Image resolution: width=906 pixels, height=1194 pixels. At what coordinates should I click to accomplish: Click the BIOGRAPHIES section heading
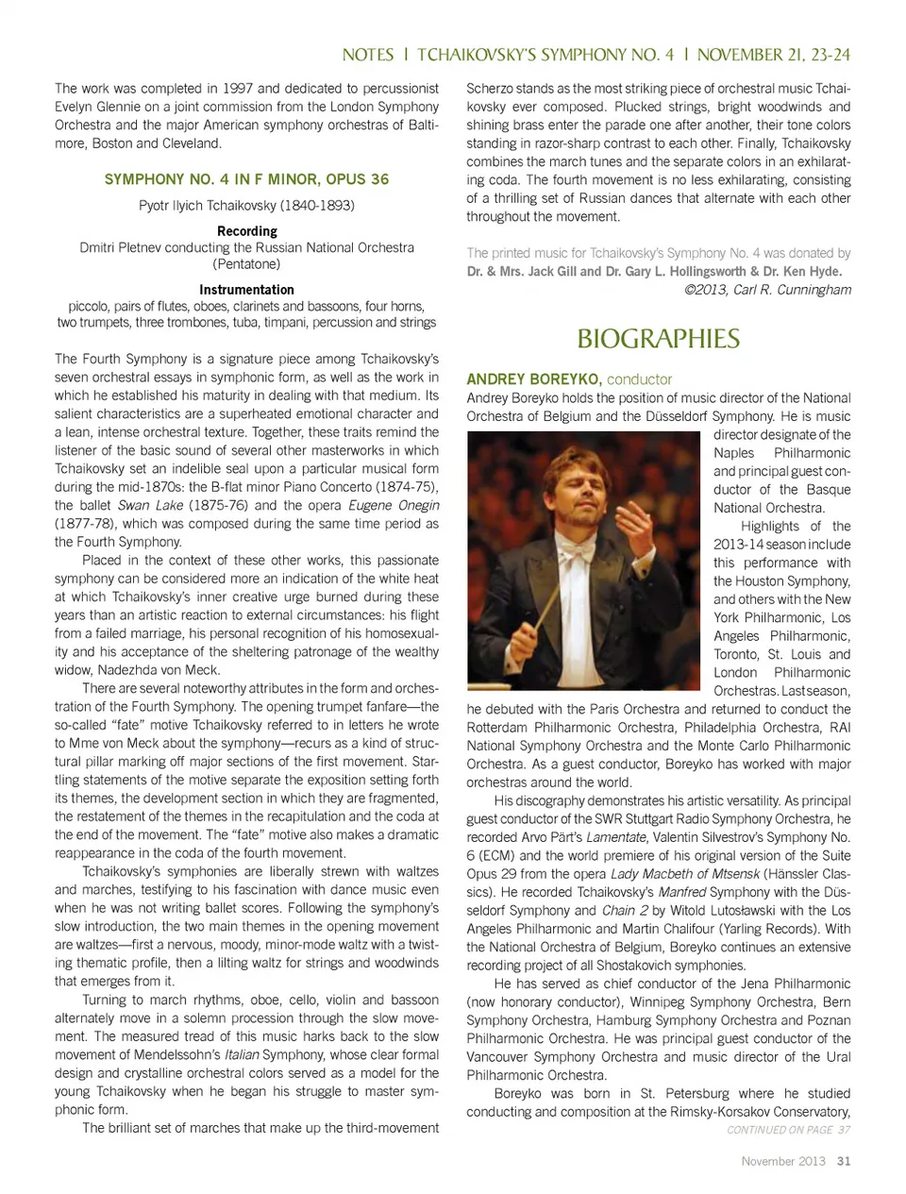coord(658,339)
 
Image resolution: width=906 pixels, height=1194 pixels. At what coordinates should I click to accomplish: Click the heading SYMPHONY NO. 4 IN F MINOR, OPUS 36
coord(246,179)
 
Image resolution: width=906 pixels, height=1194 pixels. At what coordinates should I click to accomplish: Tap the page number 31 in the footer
coord(844,1161)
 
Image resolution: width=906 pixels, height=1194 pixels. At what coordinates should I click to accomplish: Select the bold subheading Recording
coord(246,231)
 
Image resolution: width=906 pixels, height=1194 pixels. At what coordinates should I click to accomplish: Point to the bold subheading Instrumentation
coord(246,290)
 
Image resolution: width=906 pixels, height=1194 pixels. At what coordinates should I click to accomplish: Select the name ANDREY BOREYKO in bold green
coord(533,379)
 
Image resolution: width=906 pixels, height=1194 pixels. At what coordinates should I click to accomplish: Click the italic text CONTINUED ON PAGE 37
coord(788,1130)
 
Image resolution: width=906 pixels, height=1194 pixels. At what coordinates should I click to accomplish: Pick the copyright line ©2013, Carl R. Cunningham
coord(767,290)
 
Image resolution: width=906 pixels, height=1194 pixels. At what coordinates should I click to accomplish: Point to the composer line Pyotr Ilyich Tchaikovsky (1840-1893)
coord(246,206)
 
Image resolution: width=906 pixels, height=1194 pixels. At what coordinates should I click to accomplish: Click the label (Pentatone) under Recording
coord(246,264)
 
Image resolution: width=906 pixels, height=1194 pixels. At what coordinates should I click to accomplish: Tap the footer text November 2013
coord(782,1161)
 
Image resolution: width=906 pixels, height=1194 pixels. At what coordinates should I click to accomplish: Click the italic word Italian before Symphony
coord(241,1054)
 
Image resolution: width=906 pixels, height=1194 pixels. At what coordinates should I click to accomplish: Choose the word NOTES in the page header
coord(368,55)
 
